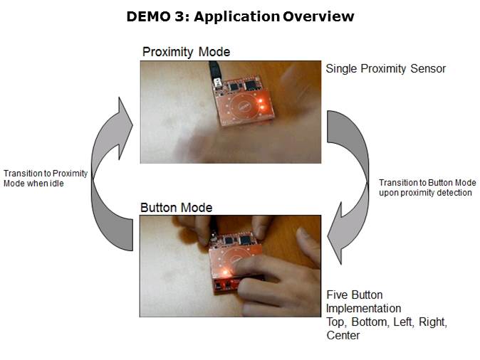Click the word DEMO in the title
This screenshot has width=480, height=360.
point(148,16)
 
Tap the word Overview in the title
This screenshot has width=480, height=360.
point(318,16)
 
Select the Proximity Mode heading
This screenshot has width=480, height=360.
point(186,52)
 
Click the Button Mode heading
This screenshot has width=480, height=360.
point(177,208)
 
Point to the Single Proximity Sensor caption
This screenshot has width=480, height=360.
point(386,69)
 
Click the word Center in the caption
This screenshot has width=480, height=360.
point(343,335)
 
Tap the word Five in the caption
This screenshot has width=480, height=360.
point(337,295)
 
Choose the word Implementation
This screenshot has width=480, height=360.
point(364,308)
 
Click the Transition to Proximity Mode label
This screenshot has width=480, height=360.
point(46,179)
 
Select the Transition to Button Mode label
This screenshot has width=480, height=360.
point(427,188)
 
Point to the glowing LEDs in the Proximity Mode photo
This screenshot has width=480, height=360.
point(261,104)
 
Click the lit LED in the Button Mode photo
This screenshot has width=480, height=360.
point(226,272)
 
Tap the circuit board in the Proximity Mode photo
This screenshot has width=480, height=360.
point(244,102)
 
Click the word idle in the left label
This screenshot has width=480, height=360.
point(57,184)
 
